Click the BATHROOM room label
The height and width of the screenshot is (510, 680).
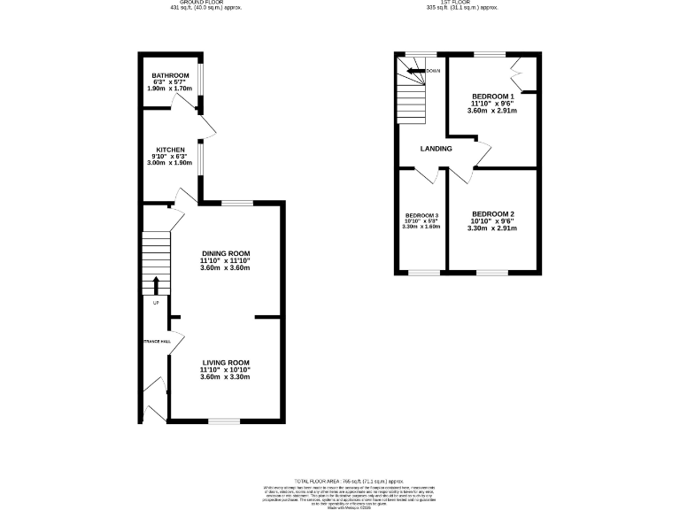pos(170,75)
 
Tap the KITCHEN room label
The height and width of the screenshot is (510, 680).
pos(170,150)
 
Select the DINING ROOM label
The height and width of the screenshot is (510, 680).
pos(226,254)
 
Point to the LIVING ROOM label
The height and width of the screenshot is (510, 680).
pos(226,362)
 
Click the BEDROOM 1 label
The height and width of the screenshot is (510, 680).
pos(492,96)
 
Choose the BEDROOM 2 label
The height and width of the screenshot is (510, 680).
pos(492,213)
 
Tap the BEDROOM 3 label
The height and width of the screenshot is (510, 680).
pos(421,216)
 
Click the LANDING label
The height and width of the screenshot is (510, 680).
pos(436,149)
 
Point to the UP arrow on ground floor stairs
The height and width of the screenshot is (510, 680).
pos(157,285)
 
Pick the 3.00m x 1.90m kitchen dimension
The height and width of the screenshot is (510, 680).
pos(170,164)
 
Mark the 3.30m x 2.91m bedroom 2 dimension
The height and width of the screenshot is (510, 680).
pos(492,228)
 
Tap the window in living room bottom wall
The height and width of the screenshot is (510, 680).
pos(224,420)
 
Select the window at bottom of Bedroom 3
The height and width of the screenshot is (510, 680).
pos(422,272)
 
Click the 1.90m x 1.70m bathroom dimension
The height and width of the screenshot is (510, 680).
pos(170,89)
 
